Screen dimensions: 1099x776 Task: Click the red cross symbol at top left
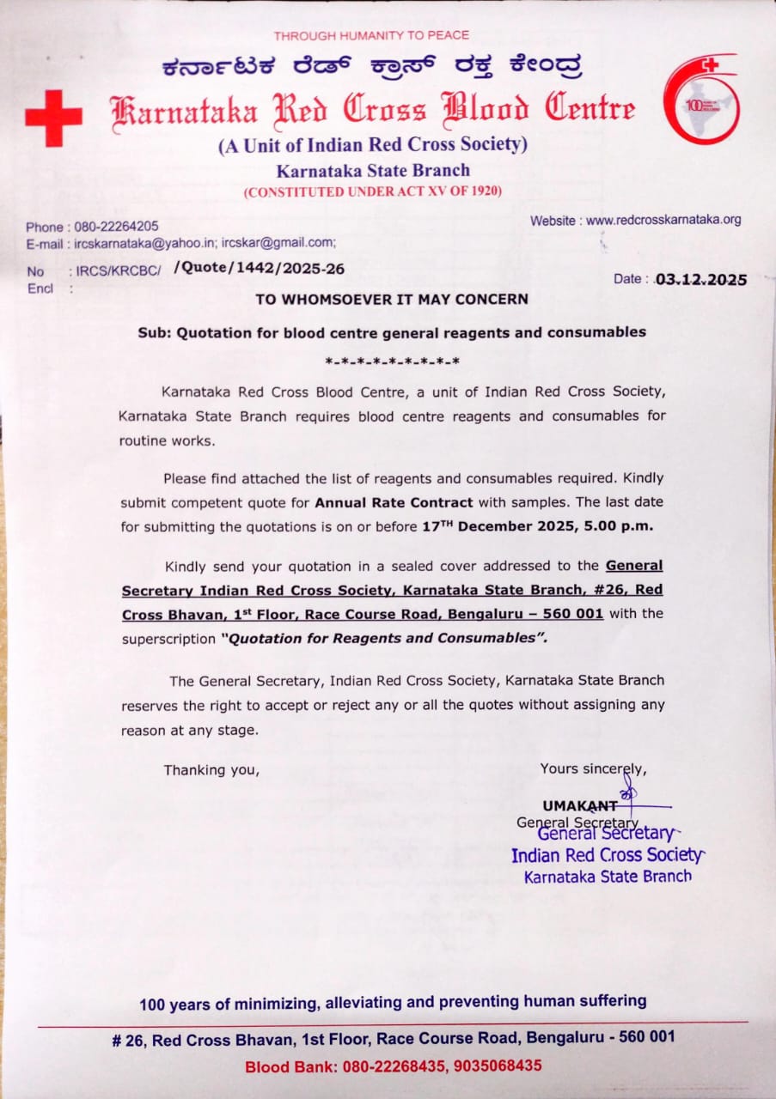pos(53,118)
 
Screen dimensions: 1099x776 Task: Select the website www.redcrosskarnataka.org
pos(663,221)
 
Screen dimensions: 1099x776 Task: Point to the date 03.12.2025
pos(700,279)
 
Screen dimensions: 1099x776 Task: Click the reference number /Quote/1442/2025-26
pos(259,269)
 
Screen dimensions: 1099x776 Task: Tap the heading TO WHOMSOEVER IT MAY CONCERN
pos(392,300)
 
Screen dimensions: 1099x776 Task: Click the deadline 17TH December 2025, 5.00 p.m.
pos(538,525)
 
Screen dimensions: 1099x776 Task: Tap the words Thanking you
pos(211,770)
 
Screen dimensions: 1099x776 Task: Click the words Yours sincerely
pos(593,768)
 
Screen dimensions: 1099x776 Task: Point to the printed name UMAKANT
pos(580,805)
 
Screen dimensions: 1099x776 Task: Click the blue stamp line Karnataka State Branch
pos(608,877)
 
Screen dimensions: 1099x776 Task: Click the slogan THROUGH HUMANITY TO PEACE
pos(371,35)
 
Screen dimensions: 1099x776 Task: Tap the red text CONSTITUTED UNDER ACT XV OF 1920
pos(373,192)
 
